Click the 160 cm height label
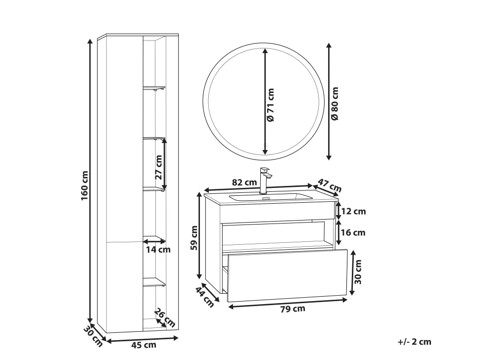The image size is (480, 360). (85, 185)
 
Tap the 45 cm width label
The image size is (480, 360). (144, 345)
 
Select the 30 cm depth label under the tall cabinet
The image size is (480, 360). (93, 336)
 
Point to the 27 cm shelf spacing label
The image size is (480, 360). (158, 167)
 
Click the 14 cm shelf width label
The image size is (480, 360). (158, 250)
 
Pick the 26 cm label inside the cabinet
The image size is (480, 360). (165, 317)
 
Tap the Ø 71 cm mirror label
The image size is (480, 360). (270, 105)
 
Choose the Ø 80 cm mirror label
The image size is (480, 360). (335, 103)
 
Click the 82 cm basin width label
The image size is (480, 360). (244, 182)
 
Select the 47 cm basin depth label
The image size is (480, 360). (329, 185)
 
